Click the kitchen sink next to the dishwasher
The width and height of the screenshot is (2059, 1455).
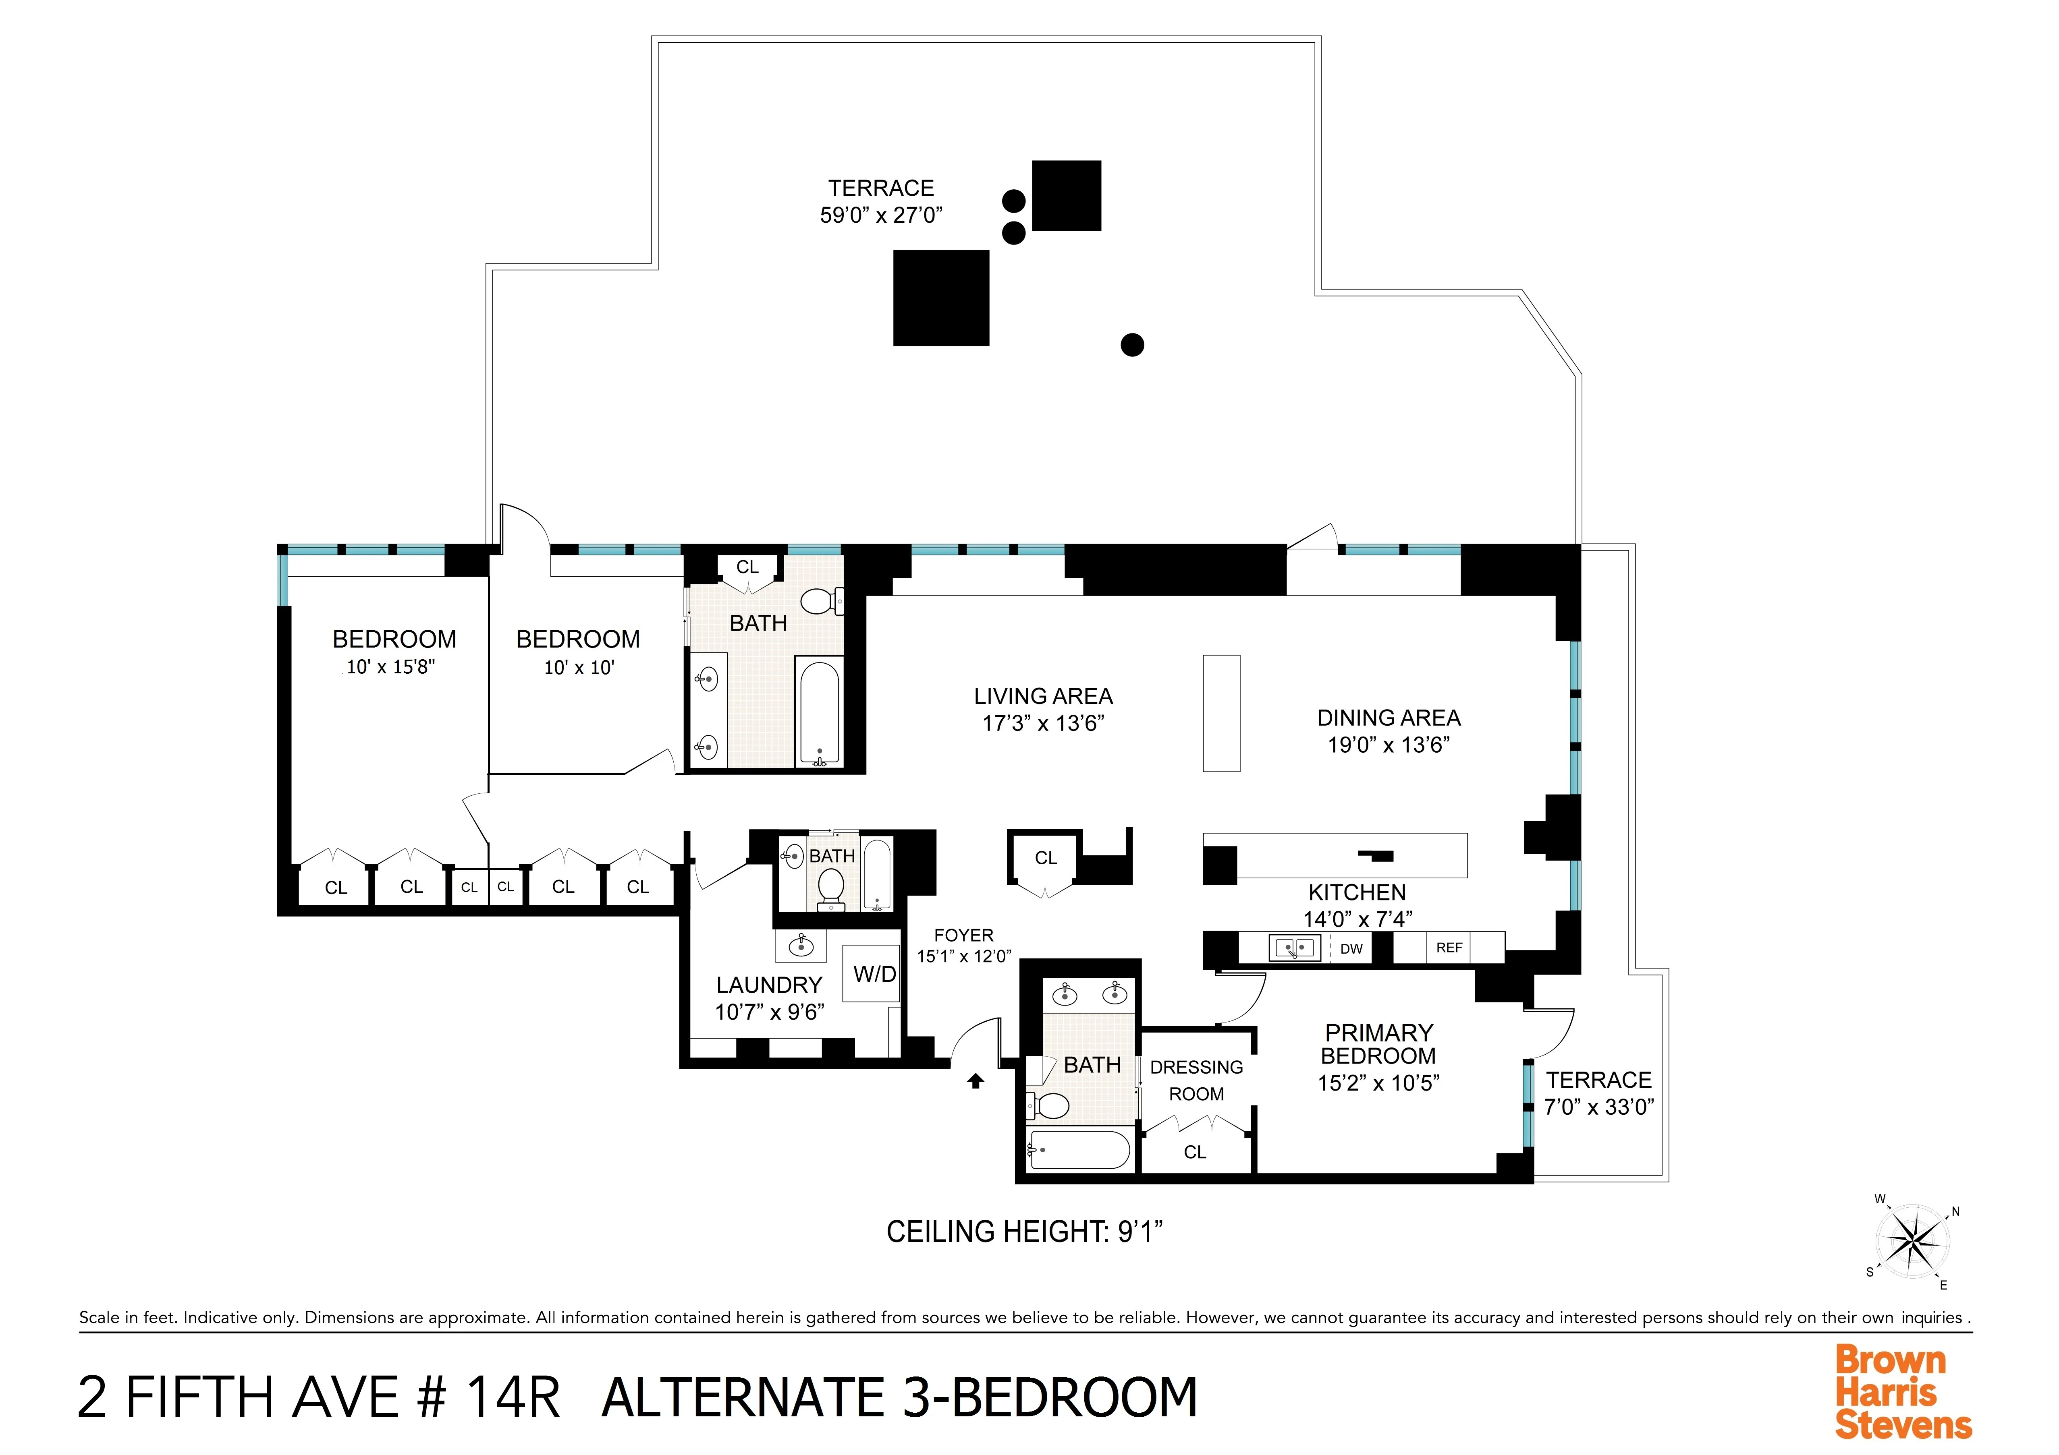point(1294,948)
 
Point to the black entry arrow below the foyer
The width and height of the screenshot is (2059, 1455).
point(976,1081)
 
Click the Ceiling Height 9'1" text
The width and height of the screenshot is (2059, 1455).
point(1024,1232)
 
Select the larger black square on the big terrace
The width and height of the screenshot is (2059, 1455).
point(941,298)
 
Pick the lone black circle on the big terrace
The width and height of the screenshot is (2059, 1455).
point(1133,344)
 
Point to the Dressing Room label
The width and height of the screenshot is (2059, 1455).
point(1196,1080)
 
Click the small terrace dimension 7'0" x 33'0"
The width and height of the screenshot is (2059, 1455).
point(1599,1107)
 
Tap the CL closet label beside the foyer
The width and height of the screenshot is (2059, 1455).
point(1046,858)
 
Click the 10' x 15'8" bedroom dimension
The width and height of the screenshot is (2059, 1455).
point(391,667)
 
